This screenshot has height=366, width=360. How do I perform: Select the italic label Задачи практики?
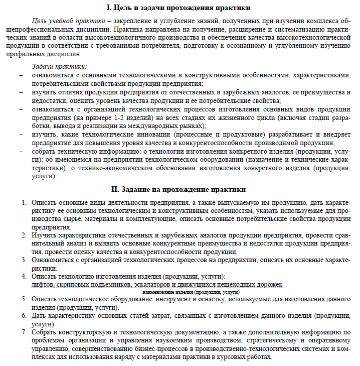click(x=59, y=66)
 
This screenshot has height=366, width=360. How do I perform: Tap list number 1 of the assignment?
click(x=24, y=202)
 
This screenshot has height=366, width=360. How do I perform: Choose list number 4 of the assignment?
click(x=24, y=276)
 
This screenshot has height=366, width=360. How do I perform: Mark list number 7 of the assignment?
click(x=24, y=332)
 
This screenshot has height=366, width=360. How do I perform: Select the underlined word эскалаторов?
click(x=152, y=285)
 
